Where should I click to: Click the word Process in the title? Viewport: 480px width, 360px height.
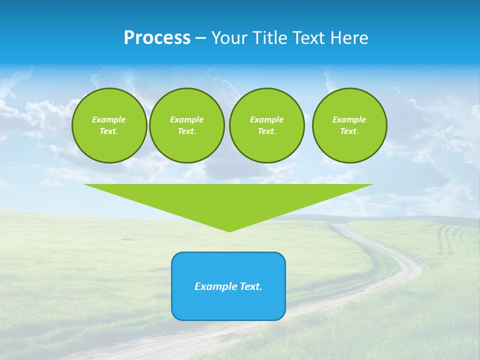click(x=157, y=38)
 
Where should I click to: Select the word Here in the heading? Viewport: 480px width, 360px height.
click(x=349, y=38)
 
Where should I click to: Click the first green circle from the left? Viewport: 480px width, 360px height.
click(x=109, y=125)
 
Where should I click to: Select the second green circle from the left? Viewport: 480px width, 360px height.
click(x=186, y=125)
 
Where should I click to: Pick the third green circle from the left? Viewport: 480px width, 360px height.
click(x=266, y=125)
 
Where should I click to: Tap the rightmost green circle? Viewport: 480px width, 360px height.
click(x=349, y=125)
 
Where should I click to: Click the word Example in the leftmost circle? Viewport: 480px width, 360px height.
click(x=109, y=119)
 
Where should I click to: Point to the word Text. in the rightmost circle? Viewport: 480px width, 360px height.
click(x=349, y=131)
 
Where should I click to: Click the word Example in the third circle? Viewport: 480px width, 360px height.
click(x=266, y=119)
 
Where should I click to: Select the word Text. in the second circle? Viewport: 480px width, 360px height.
click(x=186, y=131)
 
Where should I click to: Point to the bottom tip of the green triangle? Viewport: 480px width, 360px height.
click(x=229, y=231)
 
